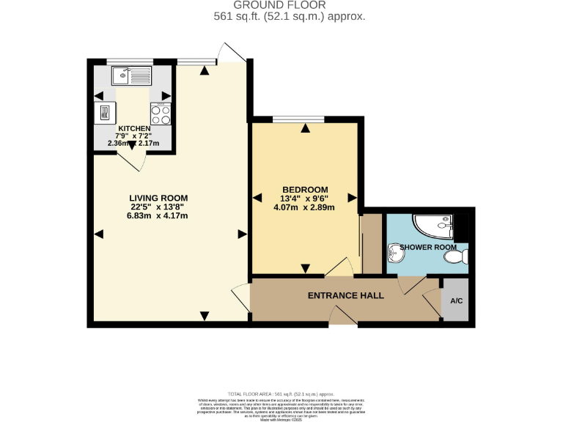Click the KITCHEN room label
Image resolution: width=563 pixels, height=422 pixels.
coord(134,128)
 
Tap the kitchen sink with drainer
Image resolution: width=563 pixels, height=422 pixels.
coord(130,75)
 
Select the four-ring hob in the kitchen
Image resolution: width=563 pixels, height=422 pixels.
coord(161,114)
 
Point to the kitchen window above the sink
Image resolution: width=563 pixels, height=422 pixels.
coord(130,62)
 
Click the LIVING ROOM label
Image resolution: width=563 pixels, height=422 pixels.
coord(158,198)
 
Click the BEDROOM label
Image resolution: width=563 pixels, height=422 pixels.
coord(304,190)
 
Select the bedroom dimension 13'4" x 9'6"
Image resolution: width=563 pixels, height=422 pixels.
coord(304,198)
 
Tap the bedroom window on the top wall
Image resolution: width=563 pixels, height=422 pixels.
coord(298,119)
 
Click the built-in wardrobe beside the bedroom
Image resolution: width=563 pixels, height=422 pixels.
coord(372,244)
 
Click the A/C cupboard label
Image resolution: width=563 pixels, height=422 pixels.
coord(456,301)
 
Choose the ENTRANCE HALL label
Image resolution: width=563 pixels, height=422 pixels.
coord(345,296)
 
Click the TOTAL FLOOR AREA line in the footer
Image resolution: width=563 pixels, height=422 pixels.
coord(281,394)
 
